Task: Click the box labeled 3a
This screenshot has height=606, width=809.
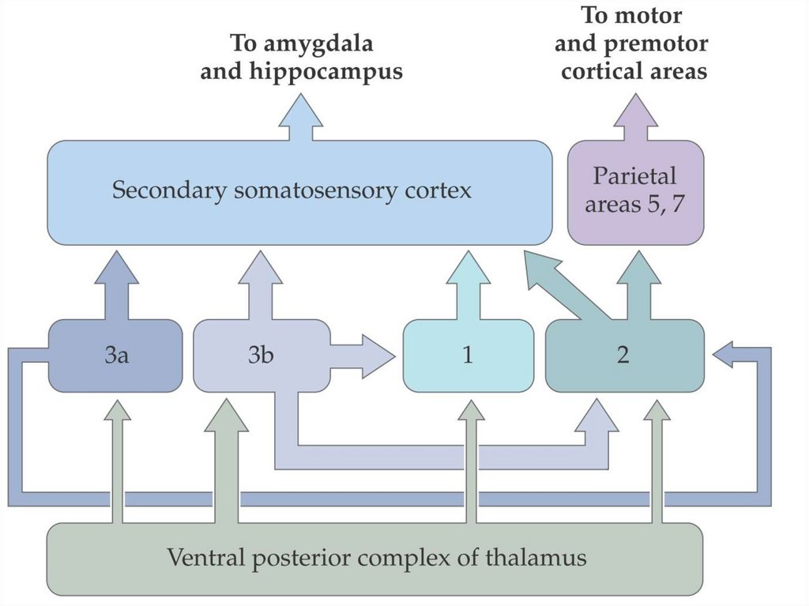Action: coord(115,356)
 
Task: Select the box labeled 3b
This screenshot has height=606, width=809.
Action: coord(261,356)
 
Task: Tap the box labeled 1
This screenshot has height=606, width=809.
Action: coord(468,356)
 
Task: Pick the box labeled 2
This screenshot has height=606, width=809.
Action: coord(623,356)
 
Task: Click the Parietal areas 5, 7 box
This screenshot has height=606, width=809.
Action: coord(635,191)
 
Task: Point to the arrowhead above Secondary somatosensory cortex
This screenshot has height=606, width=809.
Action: coord(301,111)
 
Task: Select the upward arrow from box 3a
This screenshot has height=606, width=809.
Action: coord(116,284)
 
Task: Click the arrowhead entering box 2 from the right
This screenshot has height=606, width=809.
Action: coord(727,356)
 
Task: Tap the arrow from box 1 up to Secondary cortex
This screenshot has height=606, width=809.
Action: coord(468,284)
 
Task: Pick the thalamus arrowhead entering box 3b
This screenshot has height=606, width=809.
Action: coord(226,415)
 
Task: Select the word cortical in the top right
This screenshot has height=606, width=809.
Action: coord(599,72)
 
